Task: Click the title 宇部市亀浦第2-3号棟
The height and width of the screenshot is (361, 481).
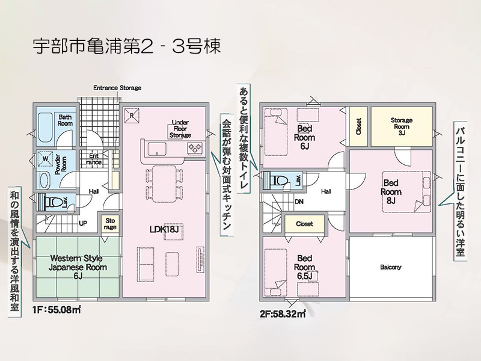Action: point(127,47)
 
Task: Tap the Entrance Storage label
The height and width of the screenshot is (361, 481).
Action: point(117,88)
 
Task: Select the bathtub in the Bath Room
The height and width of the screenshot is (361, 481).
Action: point(46,128)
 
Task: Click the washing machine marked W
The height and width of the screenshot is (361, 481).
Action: point(44,159)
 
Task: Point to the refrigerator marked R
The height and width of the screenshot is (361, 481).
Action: point(132,116)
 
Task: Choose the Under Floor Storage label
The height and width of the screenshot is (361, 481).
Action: point(180,129)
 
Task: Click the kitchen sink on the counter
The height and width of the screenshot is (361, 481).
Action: point(157,149)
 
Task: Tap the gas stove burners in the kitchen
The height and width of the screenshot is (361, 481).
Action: point(195,148)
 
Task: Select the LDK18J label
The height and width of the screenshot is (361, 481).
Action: point(164,229)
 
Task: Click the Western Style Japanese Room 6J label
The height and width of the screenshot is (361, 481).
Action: point(78,267)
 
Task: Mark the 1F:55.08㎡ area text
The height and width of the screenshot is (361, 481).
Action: point(57,310)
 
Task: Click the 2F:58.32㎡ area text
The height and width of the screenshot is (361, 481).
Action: point(283,314)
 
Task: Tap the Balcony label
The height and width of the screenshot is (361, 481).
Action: point(391,267)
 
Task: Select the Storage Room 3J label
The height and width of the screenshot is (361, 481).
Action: point(402,126)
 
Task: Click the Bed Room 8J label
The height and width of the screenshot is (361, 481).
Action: point(391,192)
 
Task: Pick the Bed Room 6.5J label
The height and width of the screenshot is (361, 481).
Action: point(305,267)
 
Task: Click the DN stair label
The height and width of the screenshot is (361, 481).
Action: point(299,202)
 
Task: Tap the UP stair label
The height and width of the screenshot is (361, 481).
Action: point(83,223)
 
